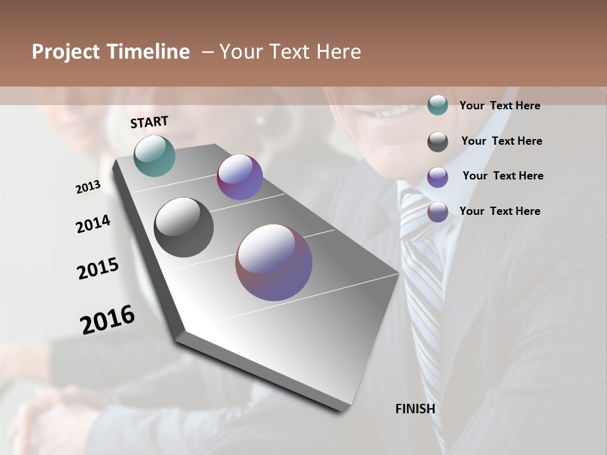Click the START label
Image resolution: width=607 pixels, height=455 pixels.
point(149,122)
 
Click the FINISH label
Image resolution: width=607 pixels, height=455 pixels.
point(415,409)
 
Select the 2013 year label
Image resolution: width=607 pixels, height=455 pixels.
point(88,187)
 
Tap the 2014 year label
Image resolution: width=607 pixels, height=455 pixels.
point(93,224)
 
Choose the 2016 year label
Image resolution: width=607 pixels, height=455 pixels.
point(107,320)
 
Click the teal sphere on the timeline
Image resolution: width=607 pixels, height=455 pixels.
point(155,155)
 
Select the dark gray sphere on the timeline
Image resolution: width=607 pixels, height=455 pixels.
point(184,227)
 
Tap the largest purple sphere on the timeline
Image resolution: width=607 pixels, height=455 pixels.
point(274,262)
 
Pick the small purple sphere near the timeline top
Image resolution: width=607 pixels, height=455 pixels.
point(240,177)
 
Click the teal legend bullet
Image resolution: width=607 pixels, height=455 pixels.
point(438,106)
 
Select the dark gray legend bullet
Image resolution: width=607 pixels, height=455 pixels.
point(438,142)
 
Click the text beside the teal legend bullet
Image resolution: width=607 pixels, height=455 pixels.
point(500,106)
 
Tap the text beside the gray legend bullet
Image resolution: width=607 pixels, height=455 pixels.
point(501,142)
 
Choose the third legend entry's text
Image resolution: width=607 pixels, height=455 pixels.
point(503,176)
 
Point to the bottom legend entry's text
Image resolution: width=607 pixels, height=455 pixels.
point(500,211)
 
